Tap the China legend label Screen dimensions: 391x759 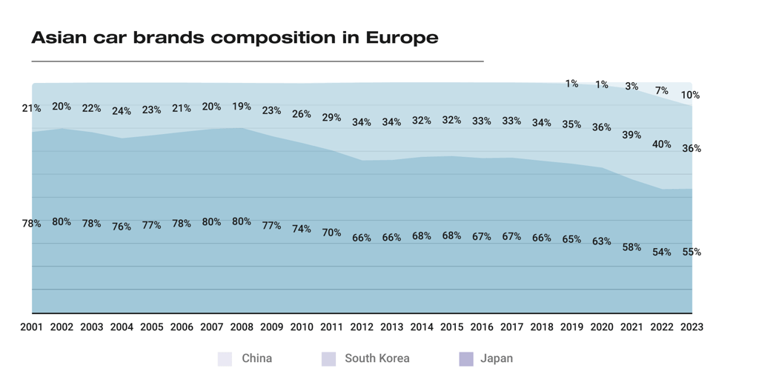(x=256, y=358)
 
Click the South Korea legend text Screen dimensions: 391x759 (x=377, y=358)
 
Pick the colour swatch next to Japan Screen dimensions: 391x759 (x=466, y=359)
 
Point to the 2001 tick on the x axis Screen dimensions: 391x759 (x=32, y=327)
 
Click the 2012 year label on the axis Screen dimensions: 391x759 (x=362, y=327)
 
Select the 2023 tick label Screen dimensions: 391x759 (x=692, y=327)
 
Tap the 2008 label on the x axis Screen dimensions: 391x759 (x=242, y=327)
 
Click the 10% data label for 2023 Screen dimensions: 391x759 (x=691, y=95)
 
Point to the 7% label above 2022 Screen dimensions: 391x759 (x=661, y=91)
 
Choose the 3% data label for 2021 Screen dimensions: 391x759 (x=632, y=87)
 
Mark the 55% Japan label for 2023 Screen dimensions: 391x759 (x=692, y=252)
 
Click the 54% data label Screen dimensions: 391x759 (x=661, y=253)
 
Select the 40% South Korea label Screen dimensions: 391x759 (x=661, y=144)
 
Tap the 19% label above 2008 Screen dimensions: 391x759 (x=242, y=107)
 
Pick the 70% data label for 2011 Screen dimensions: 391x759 (x=331, y=233)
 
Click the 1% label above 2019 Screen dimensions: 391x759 (x=571, y=84)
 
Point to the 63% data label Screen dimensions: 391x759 (x=601, y=241)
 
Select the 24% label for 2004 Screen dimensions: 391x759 (x=122, y=111)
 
